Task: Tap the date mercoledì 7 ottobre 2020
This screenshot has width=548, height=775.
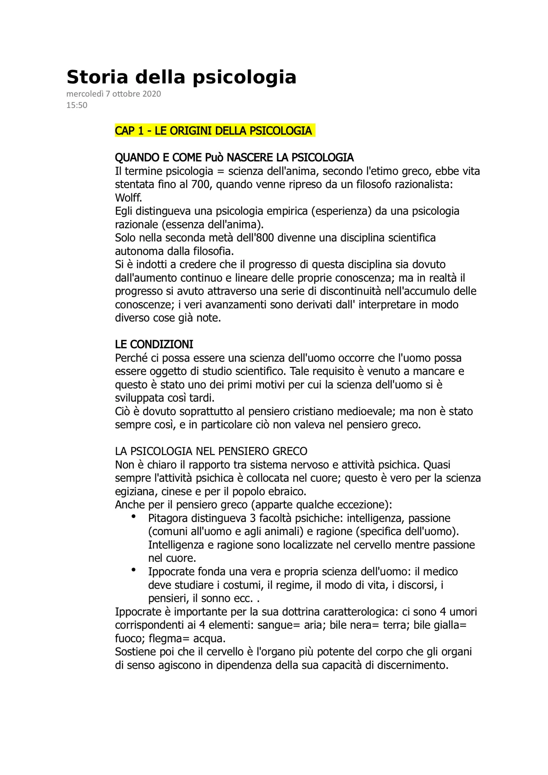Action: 114,94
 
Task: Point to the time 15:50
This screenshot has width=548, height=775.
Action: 77,105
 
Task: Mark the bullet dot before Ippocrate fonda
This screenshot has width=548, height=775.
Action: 134,570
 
